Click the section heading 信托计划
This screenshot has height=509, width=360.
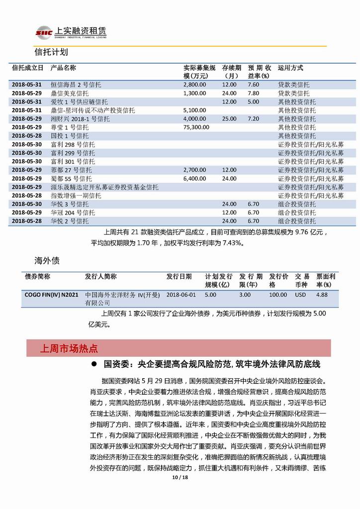pyautogui.click(x=51, y=52)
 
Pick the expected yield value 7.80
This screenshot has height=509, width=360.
pyautogui.click(x=253, y=93)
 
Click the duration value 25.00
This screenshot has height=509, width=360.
pyautogui.click(x=229, y=119)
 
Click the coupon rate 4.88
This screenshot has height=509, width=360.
pyautogui.click(x=322, y=295)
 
